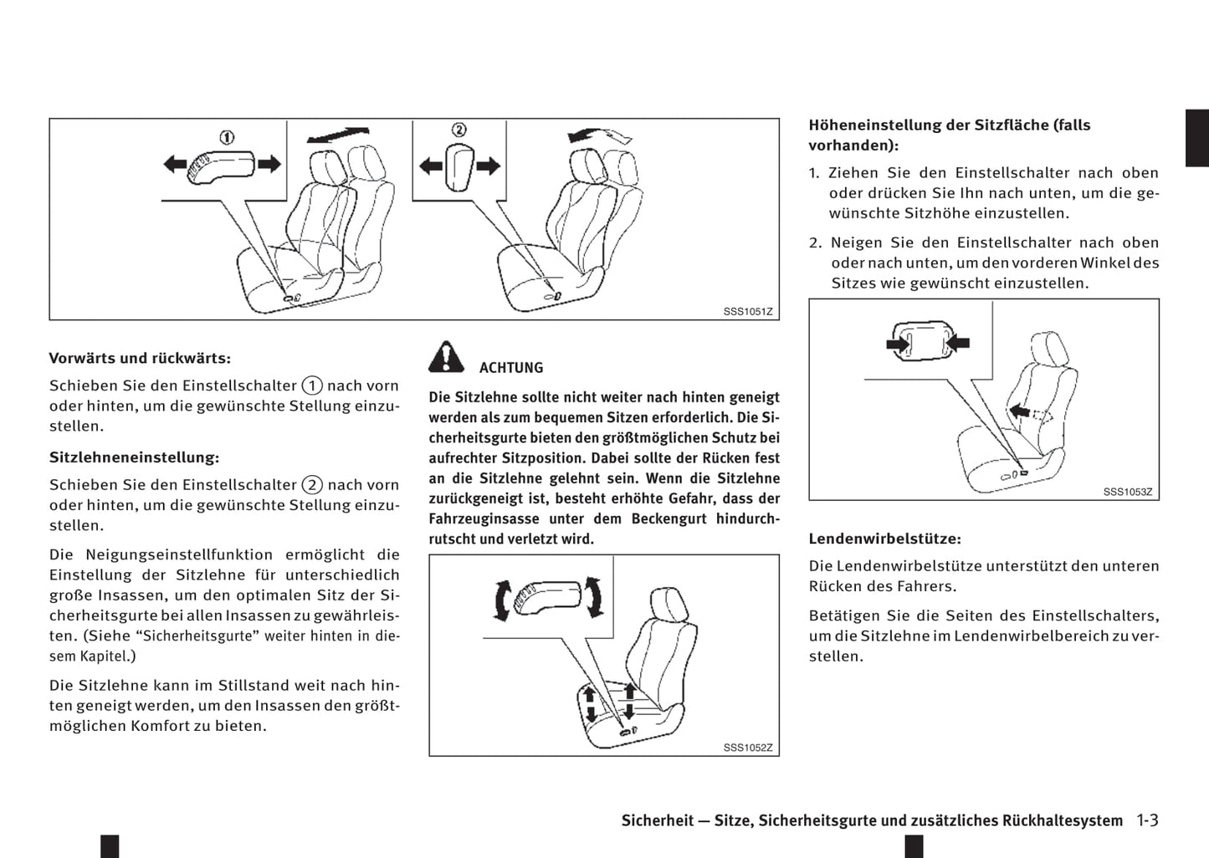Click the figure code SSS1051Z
point(748,312)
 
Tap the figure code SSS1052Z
point(748,748)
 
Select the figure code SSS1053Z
point(1127,492)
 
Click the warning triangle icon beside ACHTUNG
point(447,358)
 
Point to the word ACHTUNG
point(510,368)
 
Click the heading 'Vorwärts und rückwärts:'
point(140,358)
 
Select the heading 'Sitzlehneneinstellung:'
point(134,457)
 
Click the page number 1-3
point(1147,820)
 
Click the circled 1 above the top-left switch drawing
point(227,137)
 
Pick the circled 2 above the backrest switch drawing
point(458,130)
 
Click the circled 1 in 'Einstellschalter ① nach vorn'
point(312,386)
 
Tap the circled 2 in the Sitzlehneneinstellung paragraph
point(312,485)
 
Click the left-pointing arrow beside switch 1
point(175,164)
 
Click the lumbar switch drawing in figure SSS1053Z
point(927,341)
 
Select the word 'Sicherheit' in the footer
point(658,820)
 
